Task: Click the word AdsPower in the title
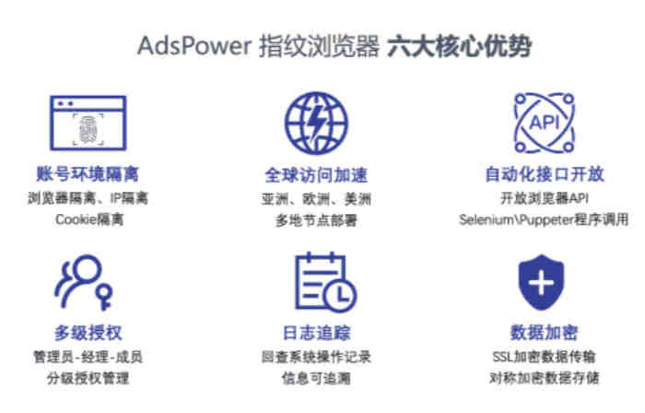194,45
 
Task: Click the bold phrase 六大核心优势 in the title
460,46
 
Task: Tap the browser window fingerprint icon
88,123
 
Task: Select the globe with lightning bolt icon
316,123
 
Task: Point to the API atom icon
545,123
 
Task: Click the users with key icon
84,282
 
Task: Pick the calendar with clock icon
326,282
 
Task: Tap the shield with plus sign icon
542,282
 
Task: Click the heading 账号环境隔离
88,174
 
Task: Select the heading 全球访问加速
316,175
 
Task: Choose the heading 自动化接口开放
545,174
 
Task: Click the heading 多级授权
88,333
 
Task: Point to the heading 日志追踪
316,333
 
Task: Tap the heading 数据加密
545,333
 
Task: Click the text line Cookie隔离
89,219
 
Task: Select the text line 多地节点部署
316,220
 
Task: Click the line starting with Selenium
544,219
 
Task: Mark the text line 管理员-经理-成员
88,357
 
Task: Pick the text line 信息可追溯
316,378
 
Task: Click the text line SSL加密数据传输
544,356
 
